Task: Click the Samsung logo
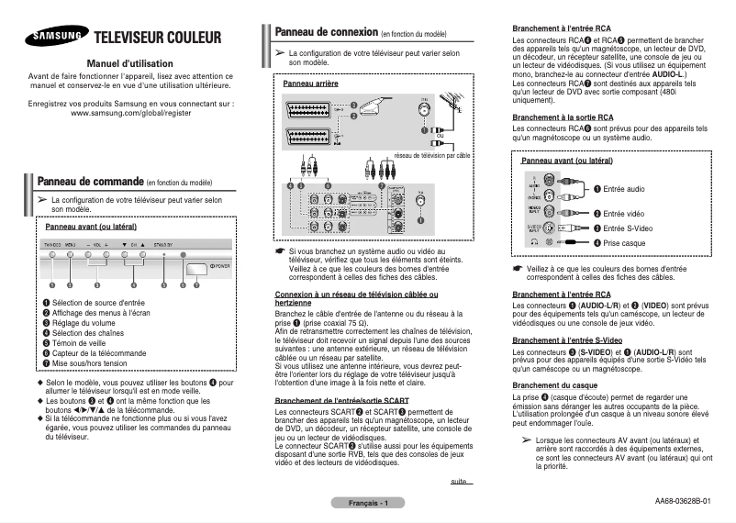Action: tap(56, 38)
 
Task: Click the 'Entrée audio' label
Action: tap(623, 189)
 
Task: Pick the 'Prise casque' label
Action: tap(624, 242)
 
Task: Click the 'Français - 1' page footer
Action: tap(367, 503)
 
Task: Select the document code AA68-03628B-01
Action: tap(682, 502)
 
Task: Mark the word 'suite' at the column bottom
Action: tap(459, 481)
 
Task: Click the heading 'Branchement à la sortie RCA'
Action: tap(563, 117)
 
